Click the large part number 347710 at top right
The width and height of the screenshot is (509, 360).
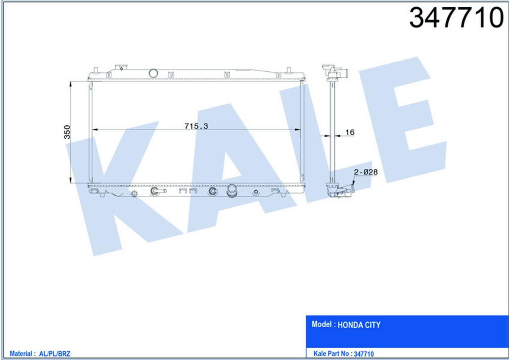point(456,18)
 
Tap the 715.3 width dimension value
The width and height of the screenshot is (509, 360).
point(196,126)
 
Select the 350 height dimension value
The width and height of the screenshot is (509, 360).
point(67,132)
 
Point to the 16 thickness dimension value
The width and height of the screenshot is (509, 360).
point(350,132)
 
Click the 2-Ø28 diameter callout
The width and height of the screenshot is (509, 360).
point(366,172)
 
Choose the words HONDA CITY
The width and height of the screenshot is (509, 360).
point(359,325)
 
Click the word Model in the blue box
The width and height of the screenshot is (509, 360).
point(322,324)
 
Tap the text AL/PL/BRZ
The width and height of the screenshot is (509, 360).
point(55,354)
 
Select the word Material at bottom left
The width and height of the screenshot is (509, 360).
point(21,354)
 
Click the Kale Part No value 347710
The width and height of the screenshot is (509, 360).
point(364,354)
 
